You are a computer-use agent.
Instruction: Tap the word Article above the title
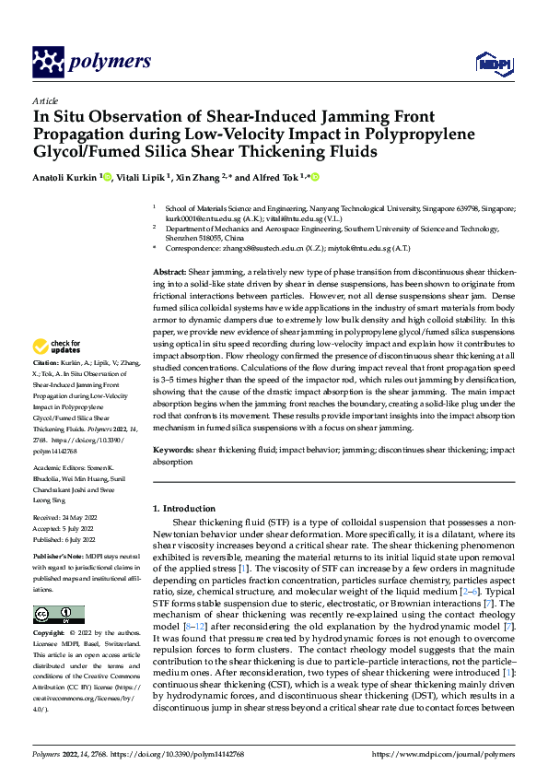45,101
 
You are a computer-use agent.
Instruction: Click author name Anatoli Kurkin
64,177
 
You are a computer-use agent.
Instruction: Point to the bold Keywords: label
172,450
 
